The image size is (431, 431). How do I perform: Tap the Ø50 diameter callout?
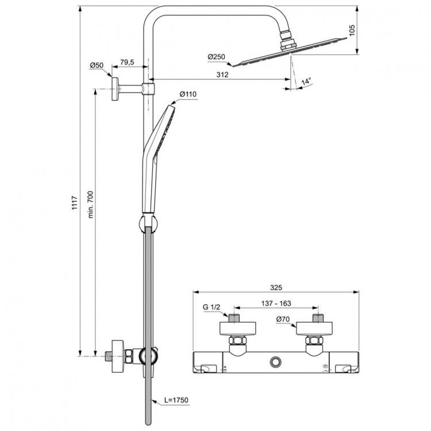click(x=96, y=66)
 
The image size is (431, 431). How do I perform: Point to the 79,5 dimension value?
click(x=126, y=62)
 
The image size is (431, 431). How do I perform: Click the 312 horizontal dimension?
click(x=222, y=75)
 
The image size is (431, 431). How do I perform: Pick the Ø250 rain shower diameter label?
click(x=217, y=56)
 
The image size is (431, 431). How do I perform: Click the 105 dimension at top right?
click(x=353, y=30)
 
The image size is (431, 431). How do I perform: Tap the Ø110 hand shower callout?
click(x=188, y=94)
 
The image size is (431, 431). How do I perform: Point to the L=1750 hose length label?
click(x=176, y=399)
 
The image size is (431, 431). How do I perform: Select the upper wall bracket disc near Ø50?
click(x=116, y=88)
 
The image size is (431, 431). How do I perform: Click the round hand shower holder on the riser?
click(x=148, y=222)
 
